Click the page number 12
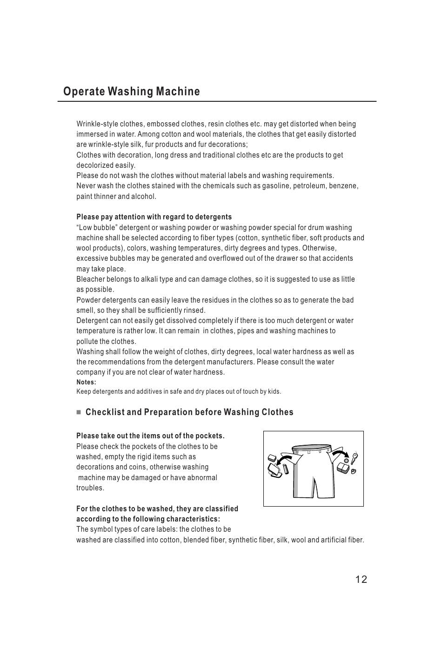pyautogui.click(x=361, y=579)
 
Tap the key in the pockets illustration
pyautogui.click(x=355, y=458)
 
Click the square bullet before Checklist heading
pyautogui.click(x=79, y=412)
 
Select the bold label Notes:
pyautogui.click(x=86, y=383)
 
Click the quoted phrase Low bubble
pyautogui.click(x=94, y=228)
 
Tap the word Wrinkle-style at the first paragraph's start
pyautogui.click(x=97, y=124)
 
